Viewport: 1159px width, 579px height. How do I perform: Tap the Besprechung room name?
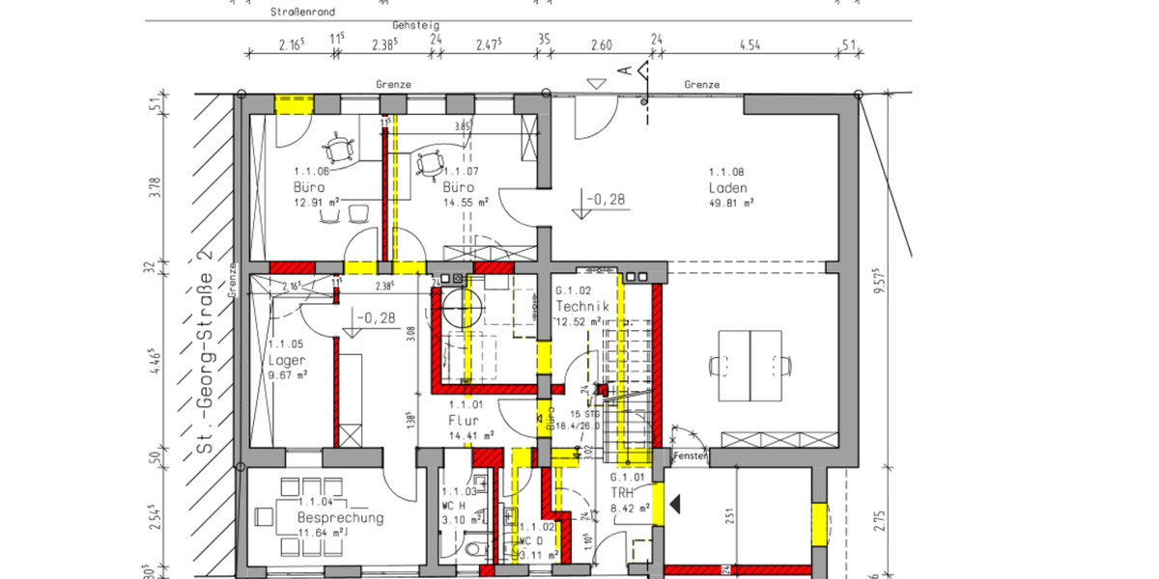coord(340,517)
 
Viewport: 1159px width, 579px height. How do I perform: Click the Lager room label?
coord(286,359)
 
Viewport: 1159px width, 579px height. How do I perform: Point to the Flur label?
coord(465,421)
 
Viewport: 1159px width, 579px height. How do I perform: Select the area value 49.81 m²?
coord(731,203)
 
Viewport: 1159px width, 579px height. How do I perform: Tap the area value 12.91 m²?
coord(318,203)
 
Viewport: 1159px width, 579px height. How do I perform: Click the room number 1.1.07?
coord(461,172)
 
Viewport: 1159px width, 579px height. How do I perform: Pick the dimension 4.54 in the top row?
coord(749,44)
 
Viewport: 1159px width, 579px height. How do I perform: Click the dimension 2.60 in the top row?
coord(600,44)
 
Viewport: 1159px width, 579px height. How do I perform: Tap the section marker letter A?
coord(625,70)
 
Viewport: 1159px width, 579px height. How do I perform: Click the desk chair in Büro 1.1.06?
coord(339,150)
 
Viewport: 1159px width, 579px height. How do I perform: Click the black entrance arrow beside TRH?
coord(677,503)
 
